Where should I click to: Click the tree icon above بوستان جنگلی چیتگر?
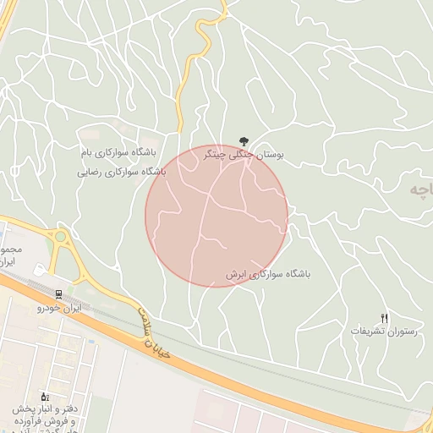(x=244, y=141)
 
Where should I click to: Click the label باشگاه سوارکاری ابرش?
(x=268, y=275)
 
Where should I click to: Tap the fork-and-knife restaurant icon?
(x=385, y=317)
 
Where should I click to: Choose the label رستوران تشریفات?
(x=385, y=332)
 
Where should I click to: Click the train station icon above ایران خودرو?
(x=58, y=294)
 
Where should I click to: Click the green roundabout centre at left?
(x=59, y=237)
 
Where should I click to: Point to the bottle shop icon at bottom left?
(x=45, y=396)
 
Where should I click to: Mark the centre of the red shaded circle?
(x=216, y=216)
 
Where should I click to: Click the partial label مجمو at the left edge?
(x=9, y=251)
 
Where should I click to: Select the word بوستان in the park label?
(x=270, y=156)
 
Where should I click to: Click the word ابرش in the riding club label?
(x=239, y=275)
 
